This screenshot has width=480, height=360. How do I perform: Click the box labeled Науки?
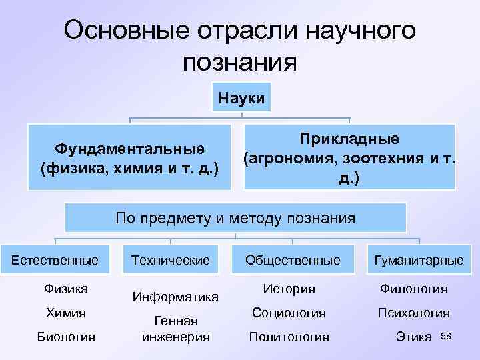(x=242, y=99)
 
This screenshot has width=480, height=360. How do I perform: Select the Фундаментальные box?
(x=129, y=156)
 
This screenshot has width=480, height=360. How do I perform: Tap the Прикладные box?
(x=349, y=159)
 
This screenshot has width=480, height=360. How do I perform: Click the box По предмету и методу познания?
(x=235, y=217)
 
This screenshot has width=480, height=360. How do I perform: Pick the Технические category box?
(x=171, y=259)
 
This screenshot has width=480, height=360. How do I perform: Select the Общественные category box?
(x=292, y=259)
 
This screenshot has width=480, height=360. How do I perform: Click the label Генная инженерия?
(x=175, y=329)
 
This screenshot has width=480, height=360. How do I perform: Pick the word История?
(x=289, y=289)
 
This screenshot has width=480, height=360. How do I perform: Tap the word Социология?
(x=289, y=313)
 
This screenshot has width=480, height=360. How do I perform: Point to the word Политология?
(x=289, y=337)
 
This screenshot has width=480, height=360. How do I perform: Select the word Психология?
(x=413, y=313)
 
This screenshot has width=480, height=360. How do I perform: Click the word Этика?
(x=414, y=337)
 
